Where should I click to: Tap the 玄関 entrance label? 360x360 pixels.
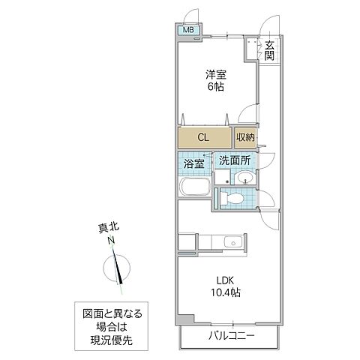pos(268,50)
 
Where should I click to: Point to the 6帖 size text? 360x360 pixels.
pos(217,86)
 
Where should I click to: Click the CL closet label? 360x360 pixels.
pos(204,137)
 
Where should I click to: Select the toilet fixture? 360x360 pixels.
pos(233,198)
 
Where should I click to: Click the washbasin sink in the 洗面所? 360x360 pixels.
pos(245,177)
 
